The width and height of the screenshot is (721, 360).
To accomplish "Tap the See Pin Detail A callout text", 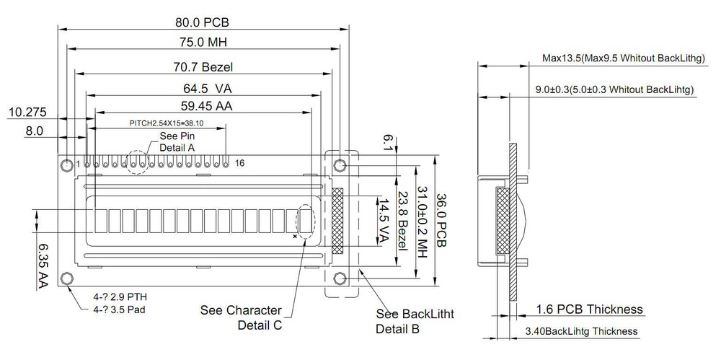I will (x=177, y=141).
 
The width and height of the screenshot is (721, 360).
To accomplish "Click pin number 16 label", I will (x=240, y=163).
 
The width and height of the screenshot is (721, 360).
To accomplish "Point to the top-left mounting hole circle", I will (x=67, y=165).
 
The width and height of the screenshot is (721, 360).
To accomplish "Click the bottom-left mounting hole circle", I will (x=67, y=278).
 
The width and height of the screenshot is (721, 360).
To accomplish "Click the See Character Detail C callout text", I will (x=241, y=317).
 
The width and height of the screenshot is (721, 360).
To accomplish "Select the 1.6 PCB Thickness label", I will (x=589, y=309).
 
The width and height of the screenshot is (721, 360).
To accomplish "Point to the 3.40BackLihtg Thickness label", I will (x=581, y=331).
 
